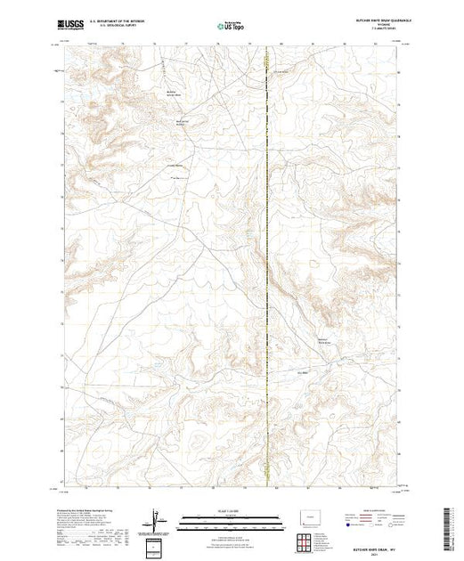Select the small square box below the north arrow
[158, 544]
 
